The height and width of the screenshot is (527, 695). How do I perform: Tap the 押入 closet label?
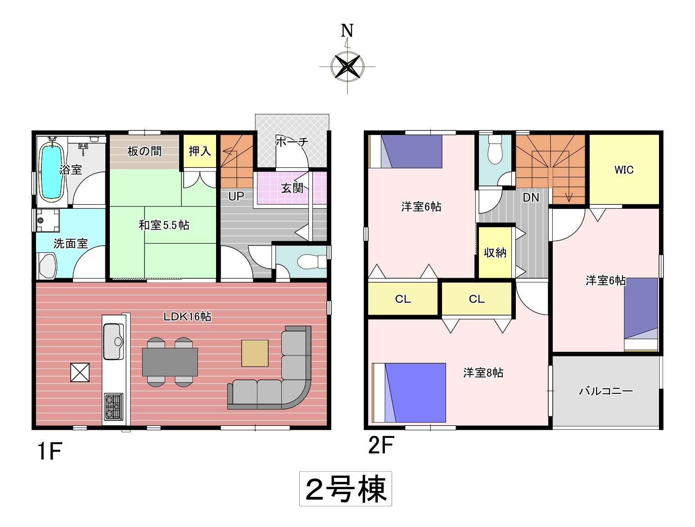pos(200,151)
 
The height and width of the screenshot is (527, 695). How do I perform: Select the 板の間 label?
pos(144,151)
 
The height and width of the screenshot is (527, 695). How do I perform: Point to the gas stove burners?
pos(113,407)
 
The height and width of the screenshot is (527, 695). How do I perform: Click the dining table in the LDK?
pos(170,362)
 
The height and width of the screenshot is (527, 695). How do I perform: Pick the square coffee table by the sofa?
pos(255,353)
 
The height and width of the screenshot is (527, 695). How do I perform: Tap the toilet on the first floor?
pos(312,262)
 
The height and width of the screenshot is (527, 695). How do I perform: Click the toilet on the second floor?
pos(495,150)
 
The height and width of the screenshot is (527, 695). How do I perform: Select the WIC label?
pos(624,170)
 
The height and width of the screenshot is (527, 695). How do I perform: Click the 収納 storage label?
pos(495,253)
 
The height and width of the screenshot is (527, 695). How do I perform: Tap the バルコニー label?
pos(606,392)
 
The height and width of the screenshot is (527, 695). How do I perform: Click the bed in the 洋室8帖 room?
pos(409,392)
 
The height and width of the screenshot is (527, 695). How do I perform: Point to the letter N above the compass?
pos(347,31)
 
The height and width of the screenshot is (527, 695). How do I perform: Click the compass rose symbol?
pos(347,67)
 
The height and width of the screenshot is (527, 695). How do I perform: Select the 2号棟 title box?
pos(345,489)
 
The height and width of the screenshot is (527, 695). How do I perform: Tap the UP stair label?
pos(236,197)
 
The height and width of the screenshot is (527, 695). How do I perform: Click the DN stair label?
pos(531,198)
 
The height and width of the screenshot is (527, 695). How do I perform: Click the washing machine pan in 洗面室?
pos(48,220)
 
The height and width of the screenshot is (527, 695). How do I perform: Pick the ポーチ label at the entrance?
pos(292,141)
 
